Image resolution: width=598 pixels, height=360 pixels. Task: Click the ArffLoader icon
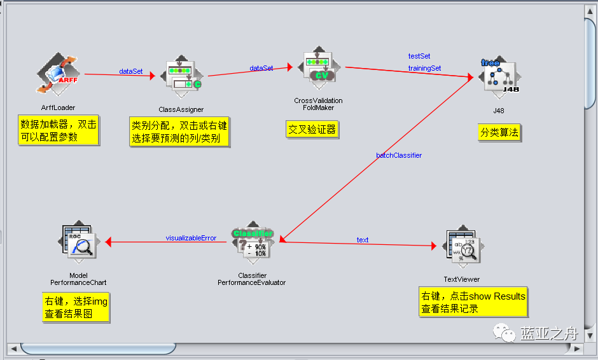click(57, 74)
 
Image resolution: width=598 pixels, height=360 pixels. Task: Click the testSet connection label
click(419, 57)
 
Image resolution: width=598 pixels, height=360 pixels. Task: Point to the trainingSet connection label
click(424, 68)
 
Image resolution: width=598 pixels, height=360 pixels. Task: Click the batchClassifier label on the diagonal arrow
click(399, 155)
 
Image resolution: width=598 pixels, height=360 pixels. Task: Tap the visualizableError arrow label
click(191, 239)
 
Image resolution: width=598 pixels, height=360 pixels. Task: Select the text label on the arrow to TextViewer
click(363, 240)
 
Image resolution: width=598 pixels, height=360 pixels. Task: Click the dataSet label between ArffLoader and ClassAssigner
click(131, 71)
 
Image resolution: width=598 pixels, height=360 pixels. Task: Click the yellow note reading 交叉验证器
click(312, 130)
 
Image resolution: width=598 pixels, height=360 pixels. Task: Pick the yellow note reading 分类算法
click(500, 132)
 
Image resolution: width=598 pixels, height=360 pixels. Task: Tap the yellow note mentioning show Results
click(473, 303)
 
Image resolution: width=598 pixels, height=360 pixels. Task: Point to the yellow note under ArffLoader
click(59, 130)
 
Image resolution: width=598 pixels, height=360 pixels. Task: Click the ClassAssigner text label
click(181, 109)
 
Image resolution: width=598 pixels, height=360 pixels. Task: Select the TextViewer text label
click(462, 279)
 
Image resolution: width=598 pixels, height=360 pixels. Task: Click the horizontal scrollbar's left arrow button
click(12, 349)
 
